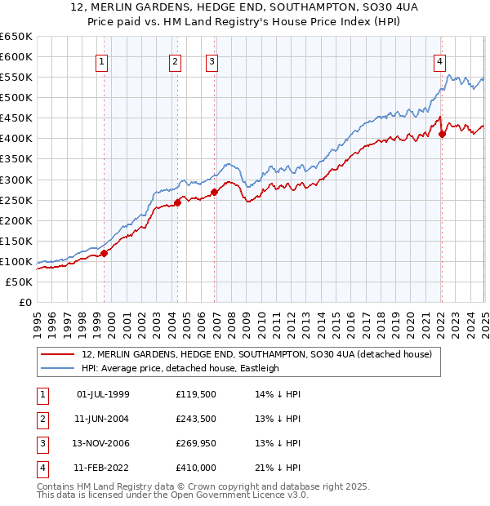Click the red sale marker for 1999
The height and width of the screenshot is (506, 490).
click(105, 253)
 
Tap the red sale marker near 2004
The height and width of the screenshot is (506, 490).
click(177, 202)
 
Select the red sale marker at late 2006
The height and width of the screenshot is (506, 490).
click(214, 193)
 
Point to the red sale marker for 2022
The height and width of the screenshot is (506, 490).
click(442, 134)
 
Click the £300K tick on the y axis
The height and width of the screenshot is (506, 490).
click(18, 180)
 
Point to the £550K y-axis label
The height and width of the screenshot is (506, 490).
click(18, 78)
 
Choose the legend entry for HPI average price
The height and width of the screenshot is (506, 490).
click(180, 368)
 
